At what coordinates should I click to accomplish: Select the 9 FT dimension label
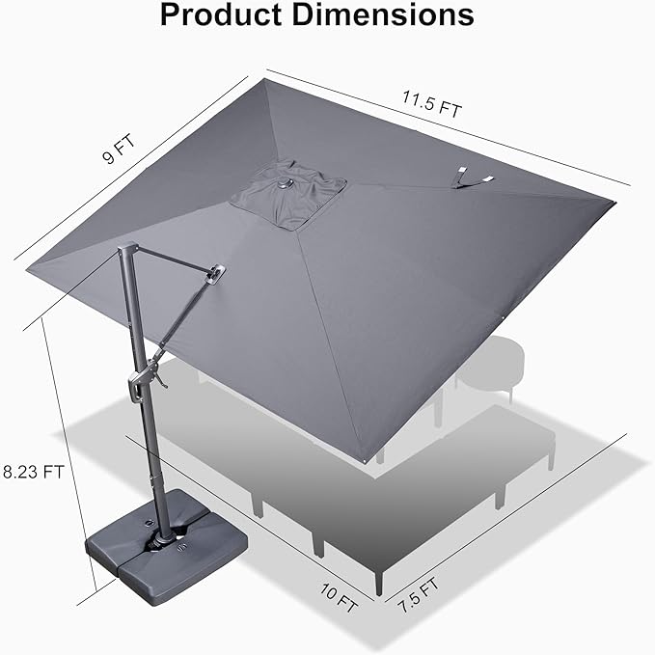[120, 153]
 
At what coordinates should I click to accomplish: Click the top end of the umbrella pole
[123, 249]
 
